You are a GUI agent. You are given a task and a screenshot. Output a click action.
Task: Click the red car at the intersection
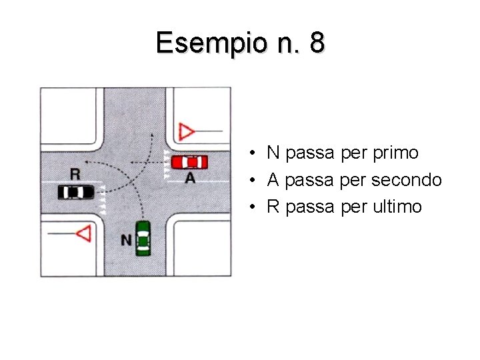[189, 161]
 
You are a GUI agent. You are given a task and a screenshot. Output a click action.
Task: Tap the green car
[143, 238]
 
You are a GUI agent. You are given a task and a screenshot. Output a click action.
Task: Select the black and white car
[76, 192]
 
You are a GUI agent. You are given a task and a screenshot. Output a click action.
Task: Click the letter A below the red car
[190, 178]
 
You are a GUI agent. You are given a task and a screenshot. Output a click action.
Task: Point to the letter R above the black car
[75, 175]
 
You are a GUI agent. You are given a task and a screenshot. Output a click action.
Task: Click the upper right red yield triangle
[187, 131]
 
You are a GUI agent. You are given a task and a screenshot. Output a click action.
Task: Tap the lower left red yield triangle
[83, 233]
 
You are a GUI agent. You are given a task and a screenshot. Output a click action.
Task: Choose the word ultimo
[398, 207]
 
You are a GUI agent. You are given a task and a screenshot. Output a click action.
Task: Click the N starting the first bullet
[273, 153]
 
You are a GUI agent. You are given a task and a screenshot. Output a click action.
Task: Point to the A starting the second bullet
[273, 180]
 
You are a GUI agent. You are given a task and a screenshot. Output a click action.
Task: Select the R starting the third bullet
[273, 207]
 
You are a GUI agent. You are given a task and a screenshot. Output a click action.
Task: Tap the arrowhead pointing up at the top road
[152, 135]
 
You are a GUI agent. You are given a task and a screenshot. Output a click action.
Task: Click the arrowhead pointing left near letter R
[89, 162]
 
